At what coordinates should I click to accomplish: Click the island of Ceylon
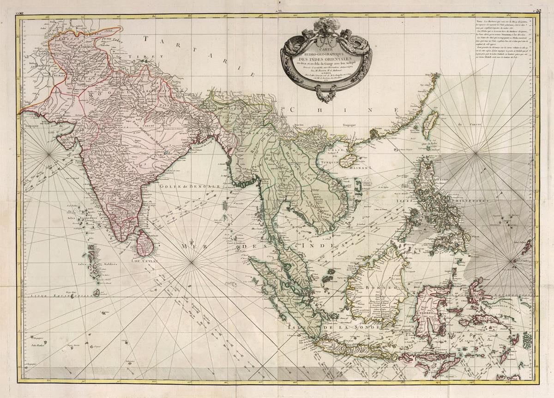pos(145,243)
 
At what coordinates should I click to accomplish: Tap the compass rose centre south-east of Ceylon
pos(192,262)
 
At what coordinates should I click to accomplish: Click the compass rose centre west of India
pos(50,154)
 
